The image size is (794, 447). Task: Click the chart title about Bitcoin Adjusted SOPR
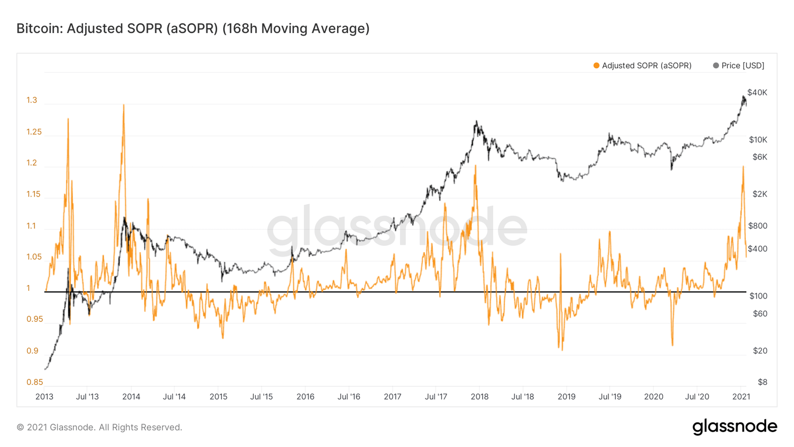tap(193, 28)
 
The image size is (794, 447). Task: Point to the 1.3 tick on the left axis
tap(32, 100)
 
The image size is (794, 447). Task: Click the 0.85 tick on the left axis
tap(35, 382)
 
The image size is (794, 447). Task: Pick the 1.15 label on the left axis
tap(34, 195)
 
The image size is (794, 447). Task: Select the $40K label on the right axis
tap(757, 93)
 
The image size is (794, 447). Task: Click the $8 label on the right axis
tap(762, 382)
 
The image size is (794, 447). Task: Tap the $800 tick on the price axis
tap(758, 226)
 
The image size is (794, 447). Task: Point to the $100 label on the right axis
tap(758, 296)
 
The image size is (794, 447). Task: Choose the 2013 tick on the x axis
tap(44, 397)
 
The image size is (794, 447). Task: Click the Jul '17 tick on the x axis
tap(436, 397)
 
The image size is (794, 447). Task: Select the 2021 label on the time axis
tap(741, 397)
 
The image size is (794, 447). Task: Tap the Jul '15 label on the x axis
tap(262, 397)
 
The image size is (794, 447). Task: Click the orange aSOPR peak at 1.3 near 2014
tap(124, 106)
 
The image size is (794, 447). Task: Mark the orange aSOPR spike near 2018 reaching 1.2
tap(475, 166)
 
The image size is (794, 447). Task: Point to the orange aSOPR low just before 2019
tap(562, 350)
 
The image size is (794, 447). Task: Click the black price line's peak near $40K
tap(743, 96)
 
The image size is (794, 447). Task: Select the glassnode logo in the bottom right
tap(735, 427)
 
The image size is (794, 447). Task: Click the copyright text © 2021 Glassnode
tap(99, 427)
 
